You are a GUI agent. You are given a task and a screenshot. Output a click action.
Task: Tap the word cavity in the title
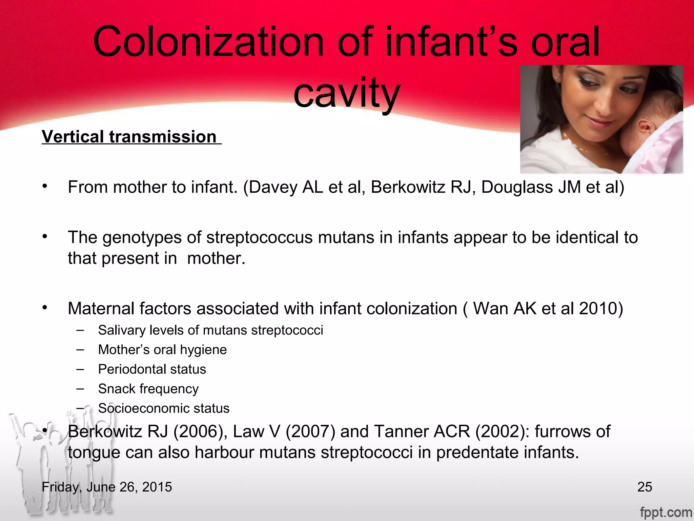point(347,93)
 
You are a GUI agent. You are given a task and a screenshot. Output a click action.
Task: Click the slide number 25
point(645,487)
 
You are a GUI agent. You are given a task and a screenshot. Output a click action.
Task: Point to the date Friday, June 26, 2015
point(107,487)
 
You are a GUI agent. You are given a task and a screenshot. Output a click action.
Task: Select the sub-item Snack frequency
point(148,389)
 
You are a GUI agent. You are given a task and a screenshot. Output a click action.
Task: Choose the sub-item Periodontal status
point(152,369)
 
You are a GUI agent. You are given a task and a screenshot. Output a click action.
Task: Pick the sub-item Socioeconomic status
point(164,408)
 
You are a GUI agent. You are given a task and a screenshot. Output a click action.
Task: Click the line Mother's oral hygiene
point(162,350)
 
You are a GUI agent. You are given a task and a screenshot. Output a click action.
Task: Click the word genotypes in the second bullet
point(142,237)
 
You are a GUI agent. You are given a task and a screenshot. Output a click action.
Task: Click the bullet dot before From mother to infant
point(44,186)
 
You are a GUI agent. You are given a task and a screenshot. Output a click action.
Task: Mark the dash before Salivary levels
point(80,330)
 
